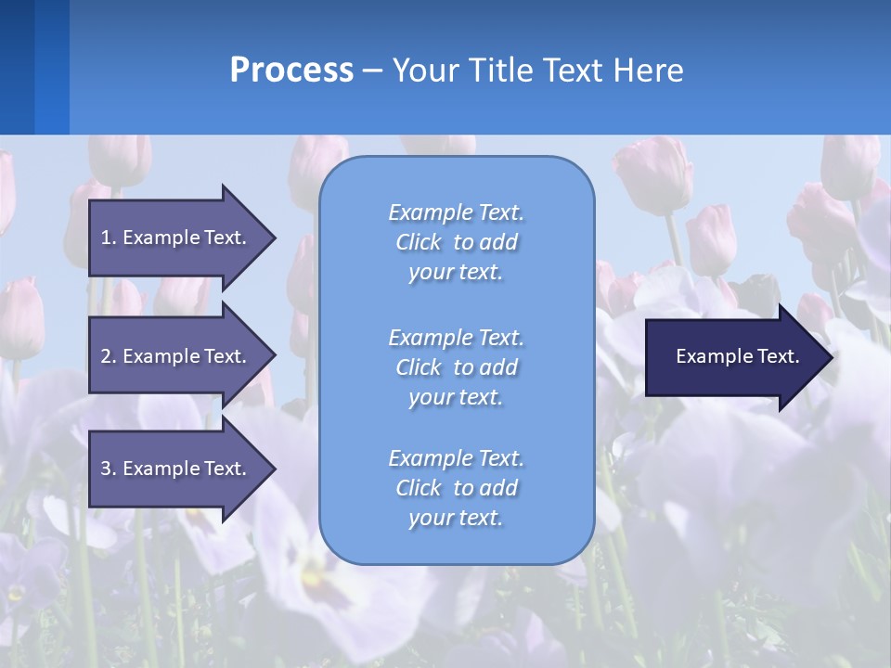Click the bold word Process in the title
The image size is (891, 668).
coord(291,71)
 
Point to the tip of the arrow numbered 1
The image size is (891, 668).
coord(274,238)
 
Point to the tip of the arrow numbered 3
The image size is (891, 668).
coord(274,469)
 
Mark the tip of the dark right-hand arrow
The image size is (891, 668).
coord(832,357)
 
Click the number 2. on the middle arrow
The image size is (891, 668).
coord(108,356)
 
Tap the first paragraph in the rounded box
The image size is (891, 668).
coord(456,242)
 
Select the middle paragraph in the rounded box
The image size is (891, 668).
coord(456,367)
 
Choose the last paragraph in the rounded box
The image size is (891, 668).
coord(456,488)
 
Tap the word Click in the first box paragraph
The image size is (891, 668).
coord(419,242)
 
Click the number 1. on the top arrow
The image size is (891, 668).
coord(108,238)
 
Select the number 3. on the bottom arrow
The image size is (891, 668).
coord(108,469)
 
